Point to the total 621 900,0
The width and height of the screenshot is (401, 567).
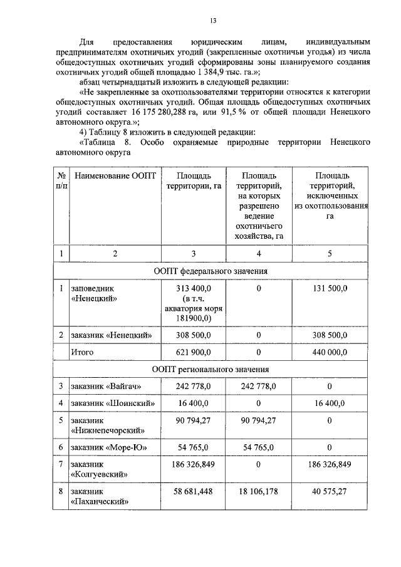pos(194,352)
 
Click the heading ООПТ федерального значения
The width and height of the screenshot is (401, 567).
pos(211,271)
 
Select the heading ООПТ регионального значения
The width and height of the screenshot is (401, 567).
pos(211,369)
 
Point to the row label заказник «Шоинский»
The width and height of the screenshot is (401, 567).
pos(113,403)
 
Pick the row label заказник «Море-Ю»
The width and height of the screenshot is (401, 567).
pos(110,447)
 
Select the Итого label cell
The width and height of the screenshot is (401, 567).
pos(81,352)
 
